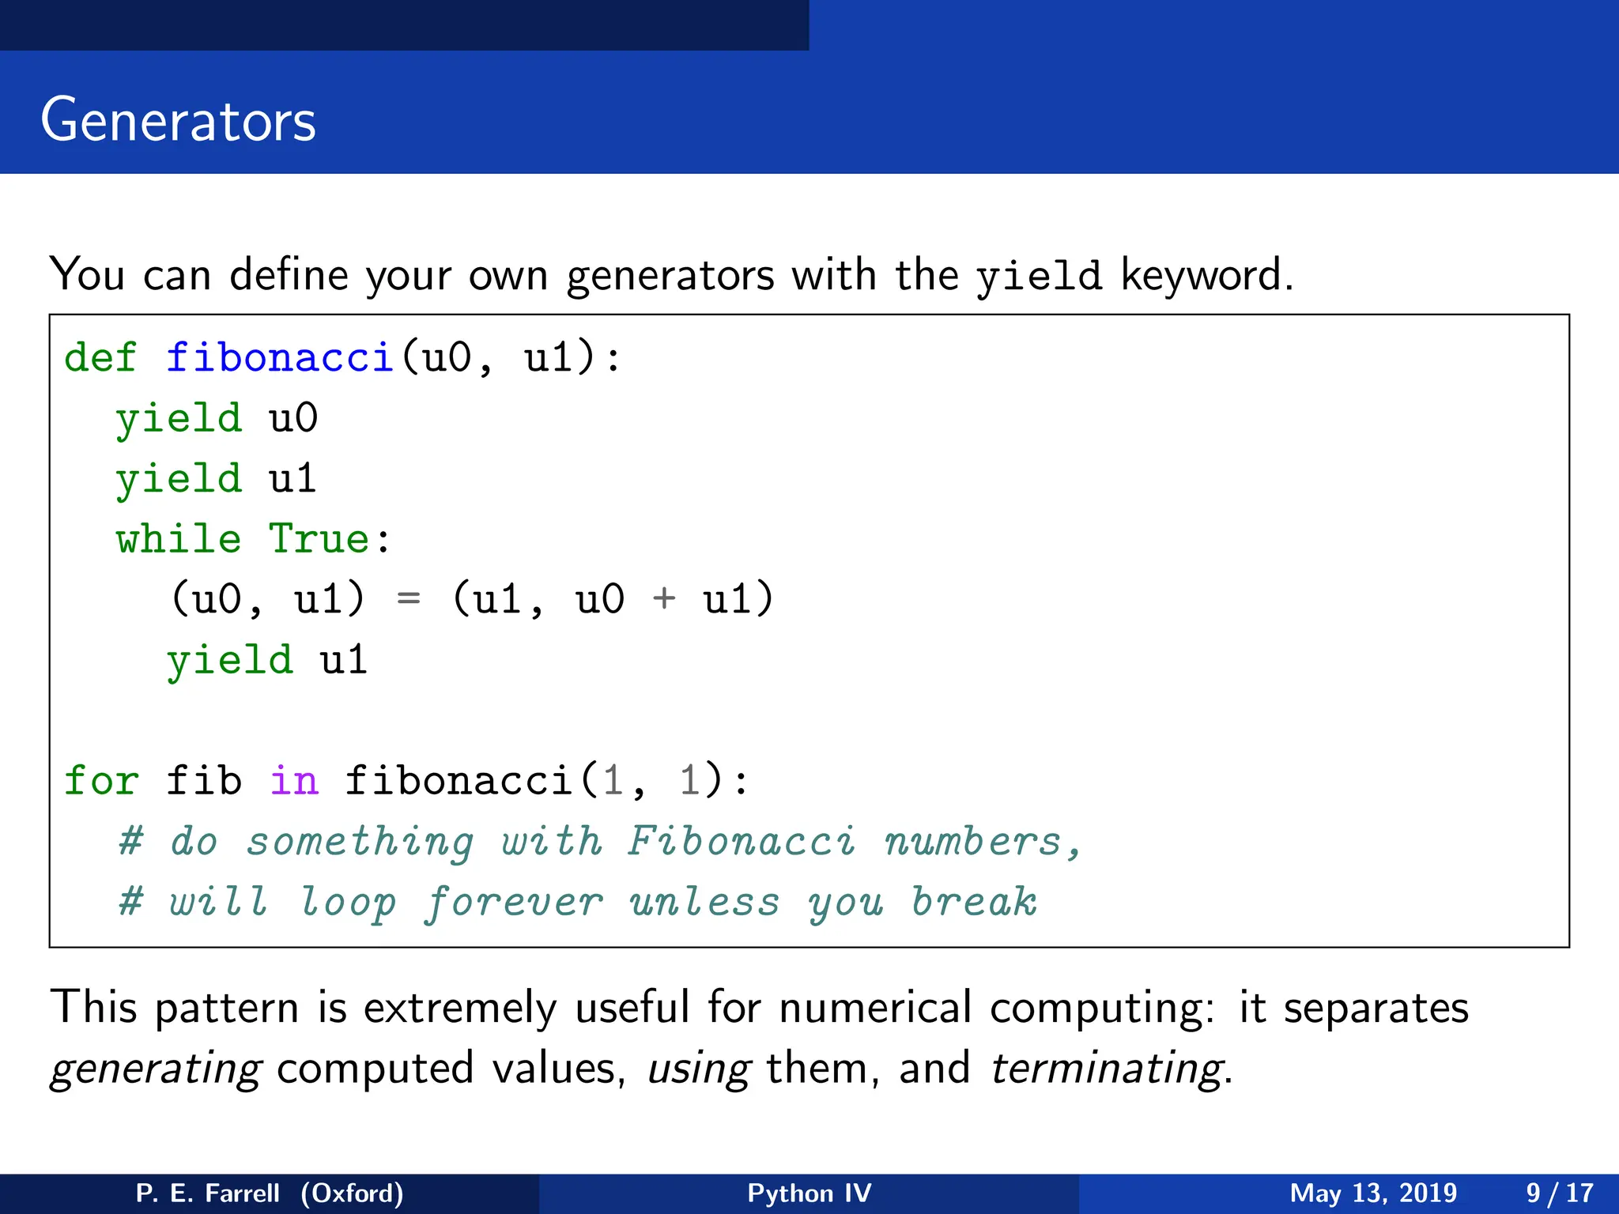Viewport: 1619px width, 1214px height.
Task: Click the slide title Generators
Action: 178,120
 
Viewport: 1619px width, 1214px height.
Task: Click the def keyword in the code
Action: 100,357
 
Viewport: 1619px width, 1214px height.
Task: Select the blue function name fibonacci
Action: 279,357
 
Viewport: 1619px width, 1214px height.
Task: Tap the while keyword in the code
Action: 179,539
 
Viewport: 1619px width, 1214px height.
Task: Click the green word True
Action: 319,539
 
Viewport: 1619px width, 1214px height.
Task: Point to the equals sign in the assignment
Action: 408,599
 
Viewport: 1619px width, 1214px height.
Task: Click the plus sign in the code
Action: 664,598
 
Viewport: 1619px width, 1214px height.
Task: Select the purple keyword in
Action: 293,781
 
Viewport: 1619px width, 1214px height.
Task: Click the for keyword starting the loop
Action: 101,781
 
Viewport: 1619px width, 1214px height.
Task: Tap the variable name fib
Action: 203,781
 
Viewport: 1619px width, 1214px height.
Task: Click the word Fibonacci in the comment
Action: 741,841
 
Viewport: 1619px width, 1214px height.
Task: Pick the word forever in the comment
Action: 514,903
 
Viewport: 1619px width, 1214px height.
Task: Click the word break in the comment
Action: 974,901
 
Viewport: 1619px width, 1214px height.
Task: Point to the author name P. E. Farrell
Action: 208,1193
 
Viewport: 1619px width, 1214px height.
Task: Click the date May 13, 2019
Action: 1373,1193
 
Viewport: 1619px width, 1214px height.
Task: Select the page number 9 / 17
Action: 1559,1193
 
